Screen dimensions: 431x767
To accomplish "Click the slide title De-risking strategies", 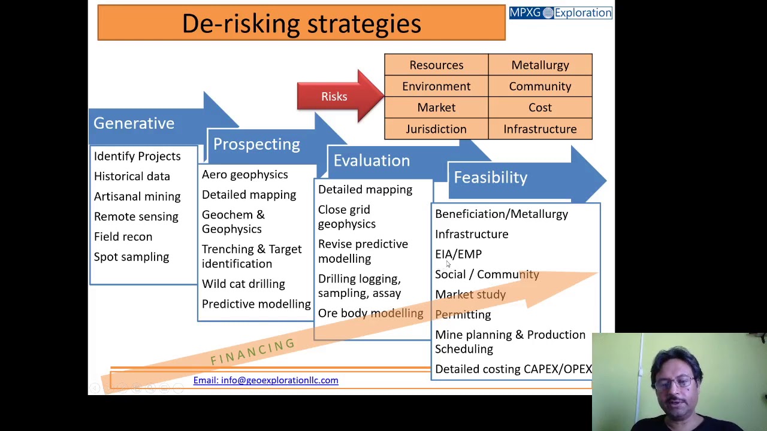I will pos(301,23).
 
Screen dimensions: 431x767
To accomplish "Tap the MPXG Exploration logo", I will pos(560,13).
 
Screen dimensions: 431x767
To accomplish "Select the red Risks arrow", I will pos(334,97).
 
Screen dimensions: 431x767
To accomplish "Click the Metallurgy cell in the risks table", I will pos(540,65).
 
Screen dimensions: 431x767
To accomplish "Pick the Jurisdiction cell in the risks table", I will pos(436,129).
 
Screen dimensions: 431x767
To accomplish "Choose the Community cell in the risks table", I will pos(540,86).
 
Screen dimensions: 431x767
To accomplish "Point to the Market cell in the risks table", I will pos(436,108).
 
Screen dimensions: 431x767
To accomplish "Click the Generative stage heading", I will pos(134,123).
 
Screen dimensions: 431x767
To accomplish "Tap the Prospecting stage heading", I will pos(256,144).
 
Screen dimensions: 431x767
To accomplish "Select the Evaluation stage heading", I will pos(372,160).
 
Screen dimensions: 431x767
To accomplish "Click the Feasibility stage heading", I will pos(490,177).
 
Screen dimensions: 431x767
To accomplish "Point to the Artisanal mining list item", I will pos(137,196).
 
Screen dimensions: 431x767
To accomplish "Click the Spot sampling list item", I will pos(131,257).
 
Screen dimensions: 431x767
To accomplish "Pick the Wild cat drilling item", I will pos(243,284).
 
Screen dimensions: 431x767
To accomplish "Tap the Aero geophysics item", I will pos(244,175).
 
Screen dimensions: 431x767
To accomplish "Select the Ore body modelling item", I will pos(370,313).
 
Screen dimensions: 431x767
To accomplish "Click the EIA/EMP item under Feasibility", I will pos(458,254).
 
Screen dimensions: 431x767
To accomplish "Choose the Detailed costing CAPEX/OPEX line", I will pos(513,369).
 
